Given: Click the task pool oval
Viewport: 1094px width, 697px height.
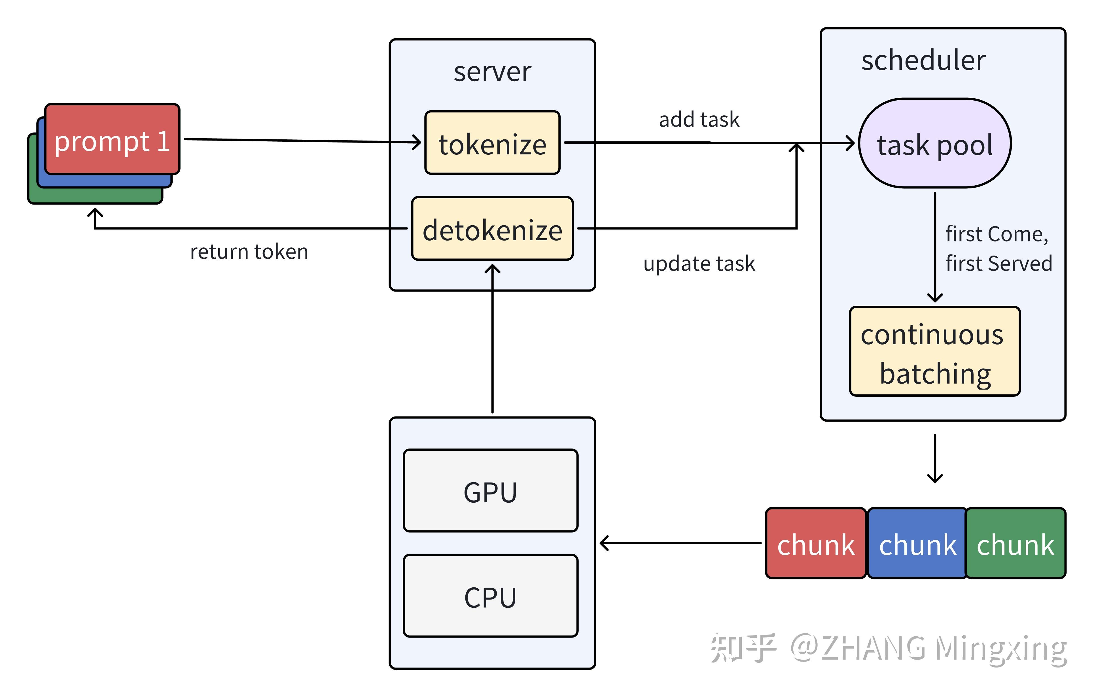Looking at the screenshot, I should [934, 143].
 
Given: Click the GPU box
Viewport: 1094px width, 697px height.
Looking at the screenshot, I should [490, 491].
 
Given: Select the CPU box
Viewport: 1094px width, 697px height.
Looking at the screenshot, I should [490, 596].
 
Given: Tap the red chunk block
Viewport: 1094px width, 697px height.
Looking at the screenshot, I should [815, 543].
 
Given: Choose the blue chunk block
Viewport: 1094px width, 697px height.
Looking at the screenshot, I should [917, 543].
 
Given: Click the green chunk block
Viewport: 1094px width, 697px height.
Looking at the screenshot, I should [1015, 543].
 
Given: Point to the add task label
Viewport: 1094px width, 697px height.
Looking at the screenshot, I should [699, 119].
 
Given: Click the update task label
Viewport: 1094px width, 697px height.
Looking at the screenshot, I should [699, 264].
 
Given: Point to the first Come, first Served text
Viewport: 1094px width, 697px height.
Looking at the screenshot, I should [998, 248].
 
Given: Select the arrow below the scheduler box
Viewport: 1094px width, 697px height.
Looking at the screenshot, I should [934, 459].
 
